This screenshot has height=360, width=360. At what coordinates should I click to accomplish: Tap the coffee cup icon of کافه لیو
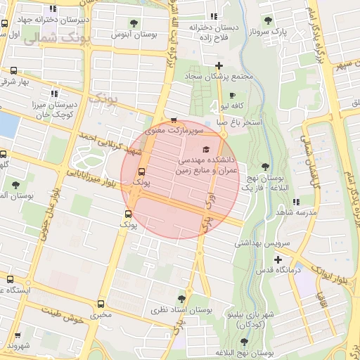233,95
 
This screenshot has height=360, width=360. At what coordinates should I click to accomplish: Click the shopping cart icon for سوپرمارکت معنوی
174,120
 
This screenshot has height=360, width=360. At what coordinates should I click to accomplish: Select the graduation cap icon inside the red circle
206,149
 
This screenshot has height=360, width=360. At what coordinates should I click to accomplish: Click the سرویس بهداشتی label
262,243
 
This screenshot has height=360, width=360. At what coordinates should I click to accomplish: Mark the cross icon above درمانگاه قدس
278,260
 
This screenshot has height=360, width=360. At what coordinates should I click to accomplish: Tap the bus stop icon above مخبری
101,304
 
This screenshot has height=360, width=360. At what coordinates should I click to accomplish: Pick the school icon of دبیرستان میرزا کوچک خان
53,93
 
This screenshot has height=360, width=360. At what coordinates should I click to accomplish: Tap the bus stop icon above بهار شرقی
13,70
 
